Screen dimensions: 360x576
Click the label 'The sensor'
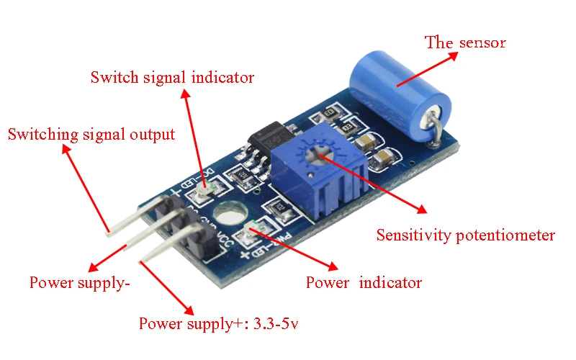(x=465, y=42)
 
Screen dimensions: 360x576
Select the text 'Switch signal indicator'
(x=172, y=77)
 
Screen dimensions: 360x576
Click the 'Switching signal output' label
(x=91, y=134)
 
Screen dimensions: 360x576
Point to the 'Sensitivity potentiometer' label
(x=466, y=235)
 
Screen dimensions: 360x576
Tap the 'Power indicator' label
(x=364, y=282)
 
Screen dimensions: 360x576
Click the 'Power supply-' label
(x=79, y=282)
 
